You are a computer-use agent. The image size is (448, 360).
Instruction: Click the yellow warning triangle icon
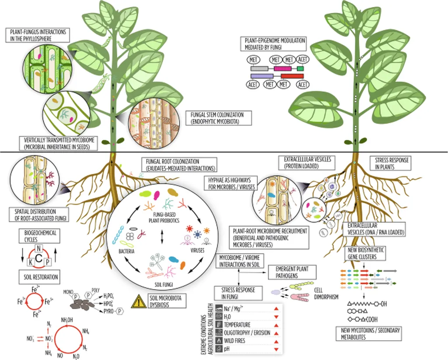(139, 301)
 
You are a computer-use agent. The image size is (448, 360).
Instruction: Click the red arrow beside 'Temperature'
(276, 325)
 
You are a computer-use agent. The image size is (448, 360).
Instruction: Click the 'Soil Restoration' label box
(39, 277)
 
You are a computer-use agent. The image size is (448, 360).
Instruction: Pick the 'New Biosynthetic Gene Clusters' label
(365, 253)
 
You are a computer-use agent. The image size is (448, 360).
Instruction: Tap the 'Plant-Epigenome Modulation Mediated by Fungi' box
(273, 44)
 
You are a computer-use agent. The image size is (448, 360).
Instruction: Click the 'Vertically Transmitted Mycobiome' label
(59, 144)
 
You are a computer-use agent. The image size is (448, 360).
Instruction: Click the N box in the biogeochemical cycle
(38, 248)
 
